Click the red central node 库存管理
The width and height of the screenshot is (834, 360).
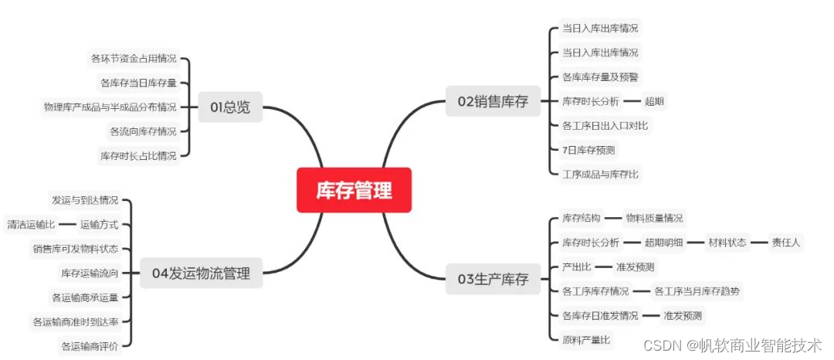coord(354,190)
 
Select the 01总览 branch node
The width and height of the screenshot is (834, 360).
coord(230,107)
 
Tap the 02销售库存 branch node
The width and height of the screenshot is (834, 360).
coord(493,101)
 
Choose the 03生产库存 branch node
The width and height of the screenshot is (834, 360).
coord(493,279)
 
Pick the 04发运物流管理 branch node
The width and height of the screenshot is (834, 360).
coord(201,272)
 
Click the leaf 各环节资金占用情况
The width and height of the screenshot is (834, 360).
coord(134,58)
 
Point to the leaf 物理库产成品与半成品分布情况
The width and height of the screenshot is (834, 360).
coord(110,107)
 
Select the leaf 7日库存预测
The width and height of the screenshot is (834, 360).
coord(588,149)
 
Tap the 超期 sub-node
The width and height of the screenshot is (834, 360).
coord(654,100)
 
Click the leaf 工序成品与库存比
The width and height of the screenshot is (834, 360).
coord(600,174)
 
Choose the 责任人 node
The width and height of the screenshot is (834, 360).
coord(786,243)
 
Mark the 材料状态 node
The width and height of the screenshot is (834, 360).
coord(727,243)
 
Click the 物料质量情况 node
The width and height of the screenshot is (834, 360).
coord(653,218)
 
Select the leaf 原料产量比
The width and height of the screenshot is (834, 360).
coord(586,339)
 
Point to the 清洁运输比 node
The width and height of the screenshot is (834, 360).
coord(31,225)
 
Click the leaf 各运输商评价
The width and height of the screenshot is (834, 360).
coord(90,346)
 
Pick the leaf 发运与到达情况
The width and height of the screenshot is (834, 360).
coord(85,200)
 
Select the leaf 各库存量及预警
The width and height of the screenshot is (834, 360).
coord(600,76)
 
